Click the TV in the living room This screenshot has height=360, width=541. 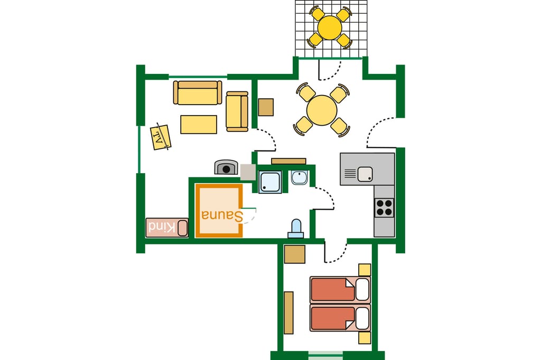[161, 137]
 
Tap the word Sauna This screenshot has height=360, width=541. [222, 215]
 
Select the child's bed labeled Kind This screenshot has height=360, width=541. [167, 228]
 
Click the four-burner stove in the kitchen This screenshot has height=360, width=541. [384, 207]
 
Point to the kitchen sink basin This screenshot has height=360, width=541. [365, 174]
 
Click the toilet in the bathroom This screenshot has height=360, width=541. [296, 229]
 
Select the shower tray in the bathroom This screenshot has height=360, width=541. [270, 182]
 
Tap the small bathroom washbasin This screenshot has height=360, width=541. [299, 177]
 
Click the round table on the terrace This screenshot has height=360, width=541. [330, 27]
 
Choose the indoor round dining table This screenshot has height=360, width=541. [322, 110]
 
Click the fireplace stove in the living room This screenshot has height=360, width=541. [226, 167]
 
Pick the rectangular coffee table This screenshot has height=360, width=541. [199, 125]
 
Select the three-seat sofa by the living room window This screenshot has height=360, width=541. [198, 92]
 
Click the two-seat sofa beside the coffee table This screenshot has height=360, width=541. [237, 111]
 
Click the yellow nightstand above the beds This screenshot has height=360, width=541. [365, 270]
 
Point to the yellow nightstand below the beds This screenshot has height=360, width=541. [365, 338]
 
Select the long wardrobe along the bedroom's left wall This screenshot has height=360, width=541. [288, 313]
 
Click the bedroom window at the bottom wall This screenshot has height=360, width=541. [325, 355]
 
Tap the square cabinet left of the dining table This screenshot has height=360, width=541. [266, 107]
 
